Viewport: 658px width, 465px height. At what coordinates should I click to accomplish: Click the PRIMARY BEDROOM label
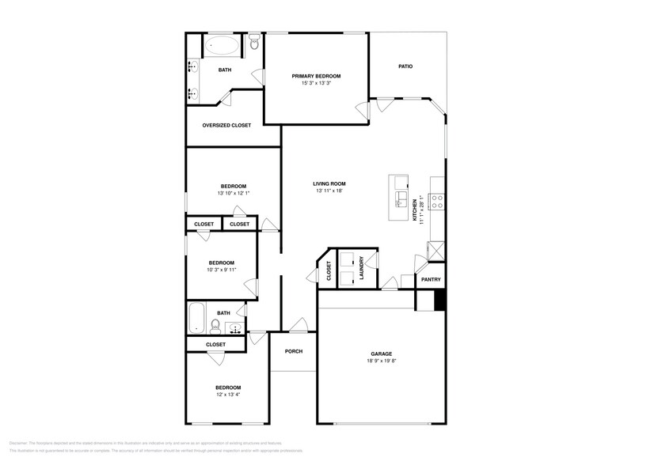(316, 76)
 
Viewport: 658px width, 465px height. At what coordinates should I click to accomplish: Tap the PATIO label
(405, 66)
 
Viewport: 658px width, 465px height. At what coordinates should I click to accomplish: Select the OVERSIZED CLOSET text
(226, 125)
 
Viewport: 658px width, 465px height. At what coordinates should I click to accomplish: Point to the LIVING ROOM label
(329, 183)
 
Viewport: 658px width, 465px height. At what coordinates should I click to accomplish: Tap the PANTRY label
(431, 279)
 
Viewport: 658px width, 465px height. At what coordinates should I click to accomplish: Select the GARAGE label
(382, 353)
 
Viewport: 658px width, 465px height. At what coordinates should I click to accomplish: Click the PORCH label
(294, 351)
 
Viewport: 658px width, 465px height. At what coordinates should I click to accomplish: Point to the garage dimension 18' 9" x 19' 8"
(382, 361)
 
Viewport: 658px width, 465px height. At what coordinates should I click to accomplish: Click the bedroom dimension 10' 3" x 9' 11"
(221, 270)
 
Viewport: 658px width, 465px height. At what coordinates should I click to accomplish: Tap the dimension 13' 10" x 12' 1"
(233, 193)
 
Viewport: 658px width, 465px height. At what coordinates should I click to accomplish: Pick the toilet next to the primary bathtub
(253, 44)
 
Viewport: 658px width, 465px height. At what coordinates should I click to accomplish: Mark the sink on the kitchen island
(401, 198)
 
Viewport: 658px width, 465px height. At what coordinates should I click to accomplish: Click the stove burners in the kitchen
(437, 202)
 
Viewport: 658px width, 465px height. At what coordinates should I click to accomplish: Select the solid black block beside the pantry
(441, 301)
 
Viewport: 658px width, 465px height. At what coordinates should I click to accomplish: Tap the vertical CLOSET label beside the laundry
(329, 270)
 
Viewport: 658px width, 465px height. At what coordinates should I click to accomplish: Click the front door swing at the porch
(298, 324)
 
